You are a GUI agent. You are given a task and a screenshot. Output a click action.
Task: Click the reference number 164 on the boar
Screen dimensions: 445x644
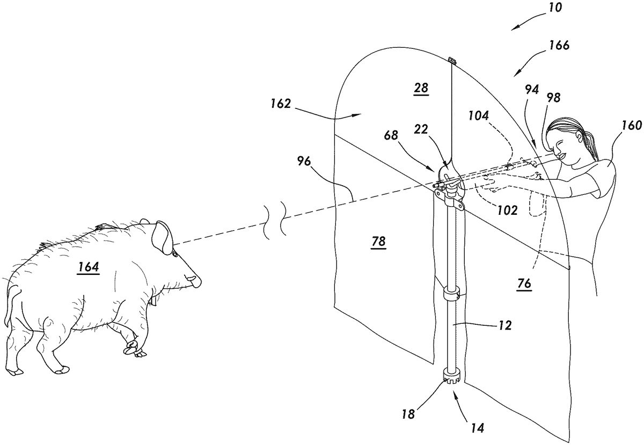(x=89, y=267)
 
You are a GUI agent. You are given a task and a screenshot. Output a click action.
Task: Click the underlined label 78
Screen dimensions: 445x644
(x=378, y=243)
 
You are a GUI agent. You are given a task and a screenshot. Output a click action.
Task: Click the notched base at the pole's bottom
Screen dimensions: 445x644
(x=452, y=378)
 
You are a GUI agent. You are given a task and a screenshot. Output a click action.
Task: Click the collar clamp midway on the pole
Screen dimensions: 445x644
(x=452, y=294)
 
